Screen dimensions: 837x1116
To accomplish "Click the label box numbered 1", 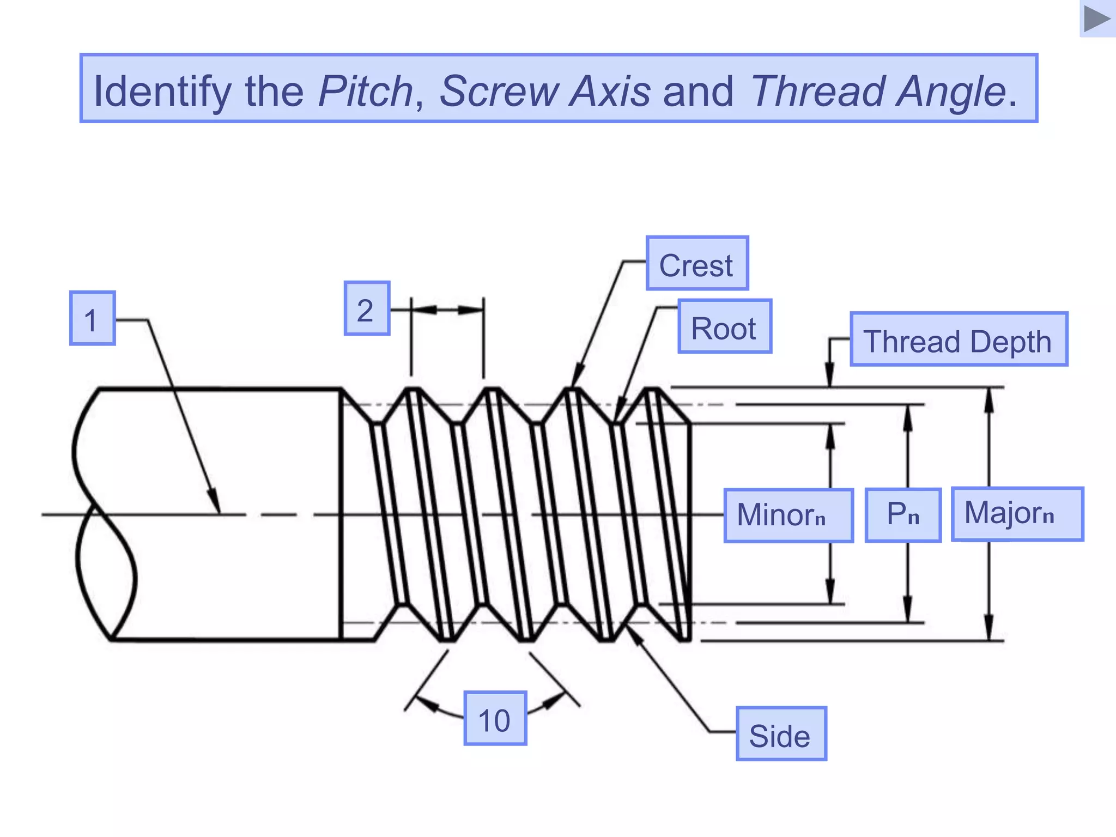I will [92, 318].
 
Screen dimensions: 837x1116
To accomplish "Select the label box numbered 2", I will [367, 308].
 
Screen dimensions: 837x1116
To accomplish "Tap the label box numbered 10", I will [495, 718].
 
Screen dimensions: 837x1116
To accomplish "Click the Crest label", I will [697, 264].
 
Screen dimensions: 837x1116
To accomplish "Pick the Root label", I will [724, 326].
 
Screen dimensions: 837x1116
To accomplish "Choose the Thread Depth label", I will [959, 339].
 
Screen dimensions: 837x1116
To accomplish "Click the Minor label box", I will [788, 515].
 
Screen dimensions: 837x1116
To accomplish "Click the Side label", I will [781, 734].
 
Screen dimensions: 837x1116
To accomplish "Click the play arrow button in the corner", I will [1097, 19].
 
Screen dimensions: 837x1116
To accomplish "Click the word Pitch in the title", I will [366, 90].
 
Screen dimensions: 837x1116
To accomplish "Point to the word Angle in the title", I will [951, 90].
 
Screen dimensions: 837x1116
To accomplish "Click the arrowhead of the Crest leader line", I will [576, 379].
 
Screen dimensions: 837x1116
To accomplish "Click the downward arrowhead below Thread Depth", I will [829, 378].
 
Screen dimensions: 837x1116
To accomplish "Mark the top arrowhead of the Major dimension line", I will [990, 397].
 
